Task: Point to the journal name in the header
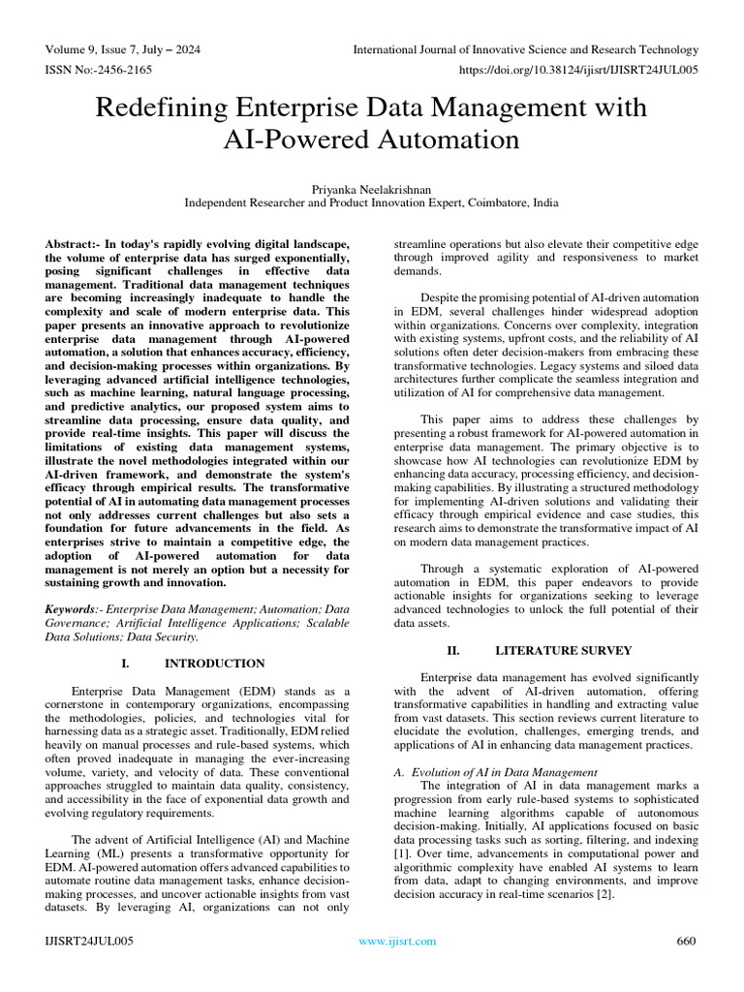point(525,49)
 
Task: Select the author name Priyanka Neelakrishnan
point(371,189)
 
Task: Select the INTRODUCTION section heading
point(214,664)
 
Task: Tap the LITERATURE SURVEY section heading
point(563,650)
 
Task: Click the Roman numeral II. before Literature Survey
point(452,650)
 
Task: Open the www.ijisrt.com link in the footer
point(397,942)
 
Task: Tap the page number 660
point(686,942)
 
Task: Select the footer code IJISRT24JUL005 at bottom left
point(89,942)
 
